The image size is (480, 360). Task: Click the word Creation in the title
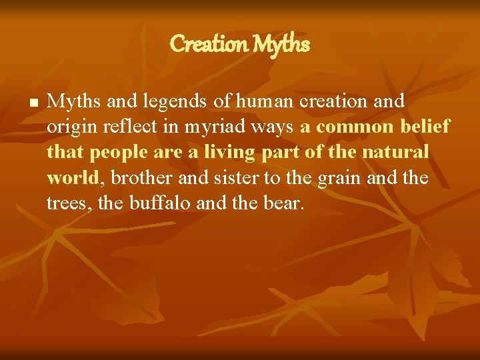(209, 45)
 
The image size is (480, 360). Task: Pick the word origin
(69, 127)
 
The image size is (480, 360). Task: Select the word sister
(223, 178)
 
